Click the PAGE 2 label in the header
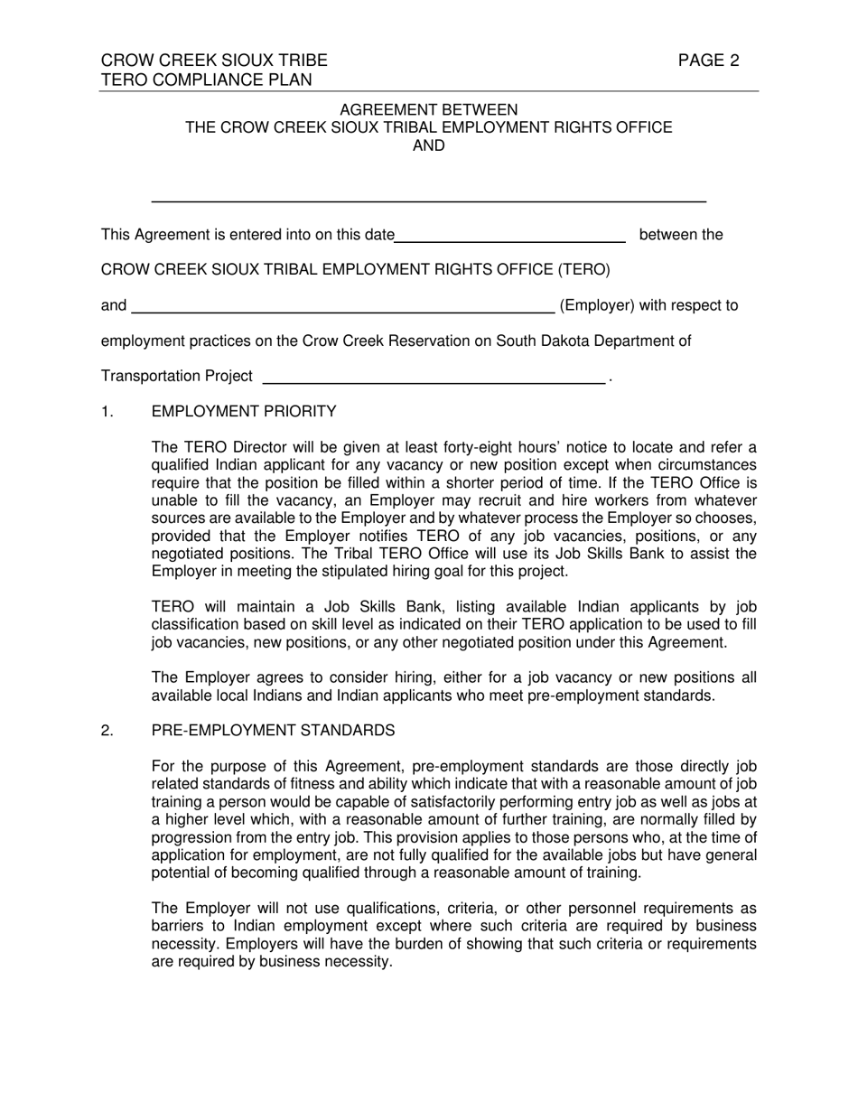709,61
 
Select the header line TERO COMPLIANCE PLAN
206,79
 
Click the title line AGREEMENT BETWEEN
428,109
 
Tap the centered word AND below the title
428,145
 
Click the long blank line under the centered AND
428,200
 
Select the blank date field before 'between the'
510,240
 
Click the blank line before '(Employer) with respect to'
343,311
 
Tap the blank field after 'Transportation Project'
433,382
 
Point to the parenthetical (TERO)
583,269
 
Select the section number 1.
107,412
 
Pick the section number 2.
107,730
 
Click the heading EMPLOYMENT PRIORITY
244,412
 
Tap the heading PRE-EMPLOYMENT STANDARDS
273,730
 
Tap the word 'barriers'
179,926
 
